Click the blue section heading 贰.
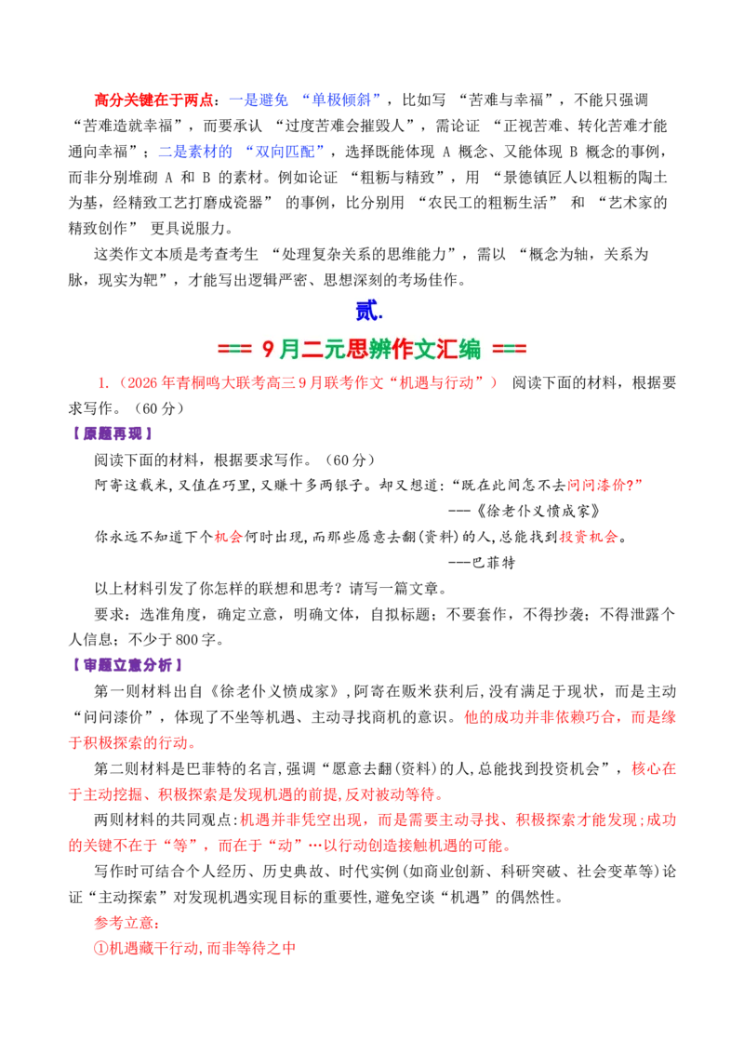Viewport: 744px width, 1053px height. [x=368, y=311]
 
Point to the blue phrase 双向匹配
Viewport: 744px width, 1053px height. [x=285, y=152]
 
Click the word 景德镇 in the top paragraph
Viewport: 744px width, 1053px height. [x=525, y=178]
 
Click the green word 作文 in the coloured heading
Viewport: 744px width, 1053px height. [x=412, y=349]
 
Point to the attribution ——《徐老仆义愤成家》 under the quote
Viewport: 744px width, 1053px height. [x=525, y=511]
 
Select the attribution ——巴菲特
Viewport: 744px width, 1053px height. [x=482, y=562]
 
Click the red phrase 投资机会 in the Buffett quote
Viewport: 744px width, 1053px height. [x=588, y=537]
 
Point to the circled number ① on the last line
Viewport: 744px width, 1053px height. [x=101, y=949]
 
